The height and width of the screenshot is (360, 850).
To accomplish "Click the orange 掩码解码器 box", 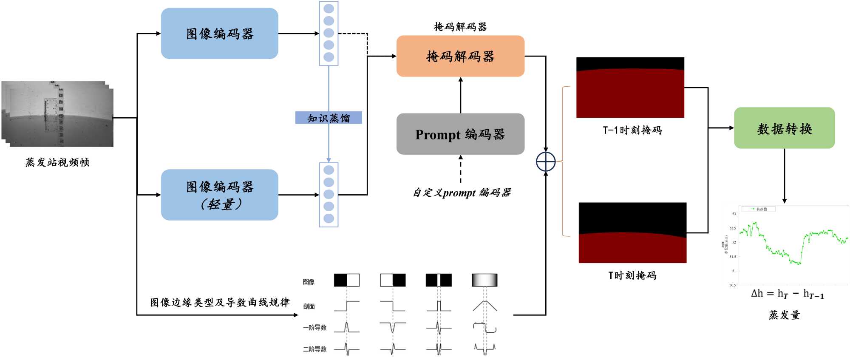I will click(460, 56).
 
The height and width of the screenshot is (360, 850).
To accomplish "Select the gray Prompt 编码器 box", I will click(460, 134).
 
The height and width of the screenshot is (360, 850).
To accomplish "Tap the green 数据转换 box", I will click(784, 128).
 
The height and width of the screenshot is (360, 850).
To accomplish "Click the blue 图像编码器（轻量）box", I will click(219, 195).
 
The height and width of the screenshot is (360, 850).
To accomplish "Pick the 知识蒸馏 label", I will click(329, 118).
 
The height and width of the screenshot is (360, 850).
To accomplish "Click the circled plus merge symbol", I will click(546, 162).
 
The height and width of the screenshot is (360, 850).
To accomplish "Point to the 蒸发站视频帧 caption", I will click(57, 162).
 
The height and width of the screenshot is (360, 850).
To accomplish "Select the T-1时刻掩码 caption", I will click(632, 130).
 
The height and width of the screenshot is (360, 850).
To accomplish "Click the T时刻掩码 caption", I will click(632, 275).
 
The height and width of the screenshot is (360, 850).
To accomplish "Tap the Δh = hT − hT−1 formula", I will click(787, 294).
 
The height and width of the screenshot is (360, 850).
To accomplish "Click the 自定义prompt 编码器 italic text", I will click(462, 193).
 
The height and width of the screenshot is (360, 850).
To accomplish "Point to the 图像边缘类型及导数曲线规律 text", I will click(220, 303).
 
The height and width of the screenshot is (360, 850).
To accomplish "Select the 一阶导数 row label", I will click(315, 328).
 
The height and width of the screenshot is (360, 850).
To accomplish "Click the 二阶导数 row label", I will click(315, 349).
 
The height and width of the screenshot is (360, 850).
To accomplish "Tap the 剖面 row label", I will click(309, 306).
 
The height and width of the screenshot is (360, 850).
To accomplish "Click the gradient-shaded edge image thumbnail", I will click(484, 280).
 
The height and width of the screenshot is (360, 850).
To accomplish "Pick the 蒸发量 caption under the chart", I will click(784, 315).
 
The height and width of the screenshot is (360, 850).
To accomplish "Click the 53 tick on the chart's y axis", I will click(734, 214).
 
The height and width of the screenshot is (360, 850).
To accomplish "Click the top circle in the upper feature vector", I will click(329, 9).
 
